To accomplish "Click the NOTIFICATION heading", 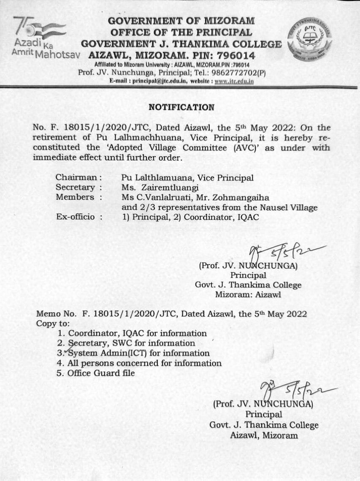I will [x=181, y=107].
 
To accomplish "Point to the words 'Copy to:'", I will [x=53, y=324].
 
